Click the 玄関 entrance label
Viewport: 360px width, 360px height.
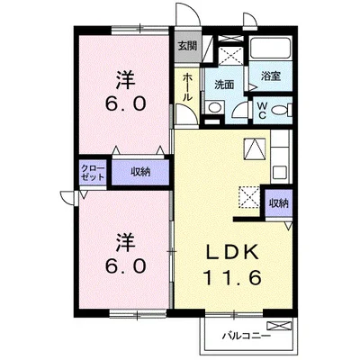(x=185, y=46)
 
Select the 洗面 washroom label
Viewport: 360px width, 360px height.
(x=224, y=85)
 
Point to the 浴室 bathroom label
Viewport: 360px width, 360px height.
(x=271, y=76)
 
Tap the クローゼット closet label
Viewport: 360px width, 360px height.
(x=93, y=171)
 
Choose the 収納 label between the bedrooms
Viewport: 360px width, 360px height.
(x=139, y=171)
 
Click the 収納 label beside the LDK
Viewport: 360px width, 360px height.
(x=278, y=202)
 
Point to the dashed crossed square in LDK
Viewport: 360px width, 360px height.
(x=248, y=197)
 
